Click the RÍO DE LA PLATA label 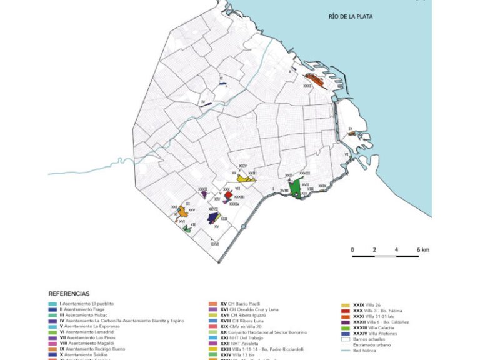[x=350, y=17]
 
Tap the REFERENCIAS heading [x=69, y=293]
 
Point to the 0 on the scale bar [x=352, y=250]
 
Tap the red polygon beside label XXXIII [x=229, y=196]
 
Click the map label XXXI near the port [x=307, y=86]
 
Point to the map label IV [x=203, y=101]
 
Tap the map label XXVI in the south [x=214, y=244]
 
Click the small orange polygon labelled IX [x=351, y=133]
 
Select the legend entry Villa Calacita [x=376, y=327]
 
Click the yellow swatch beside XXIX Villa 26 [x=345, y=304]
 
